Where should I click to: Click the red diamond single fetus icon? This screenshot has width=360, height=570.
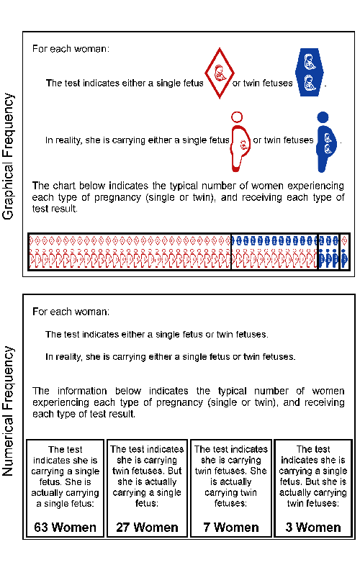[220, 73]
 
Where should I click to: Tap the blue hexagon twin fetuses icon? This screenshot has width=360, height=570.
[310, 73]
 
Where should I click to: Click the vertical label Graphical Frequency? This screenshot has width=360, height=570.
[8, 156]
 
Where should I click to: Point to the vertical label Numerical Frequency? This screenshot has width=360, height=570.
[8, 411]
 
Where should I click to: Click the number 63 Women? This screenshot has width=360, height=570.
[65, 527]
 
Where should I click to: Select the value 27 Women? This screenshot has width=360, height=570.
[147, 527]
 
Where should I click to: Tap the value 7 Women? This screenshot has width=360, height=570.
[231, 527]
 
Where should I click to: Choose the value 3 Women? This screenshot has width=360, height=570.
[313, 527]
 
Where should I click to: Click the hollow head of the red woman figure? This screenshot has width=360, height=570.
[237, 117]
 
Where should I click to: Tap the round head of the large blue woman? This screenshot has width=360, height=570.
[323, 117]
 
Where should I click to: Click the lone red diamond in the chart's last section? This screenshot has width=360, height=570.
[344, 240]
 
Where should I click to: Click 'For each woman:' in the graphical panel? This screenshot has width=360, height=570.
[71, 49]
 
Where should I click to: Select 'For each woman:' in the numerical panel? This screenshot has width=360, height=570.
[71, 312]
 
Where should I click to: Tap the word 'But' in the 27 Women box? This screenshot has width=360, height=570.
[174, 471]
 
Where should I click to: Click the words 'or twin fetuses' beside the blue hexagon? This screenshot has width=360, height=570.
[262, 83]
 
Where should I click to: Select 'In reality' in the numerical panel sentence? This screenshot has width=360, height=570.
[63, 357]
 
